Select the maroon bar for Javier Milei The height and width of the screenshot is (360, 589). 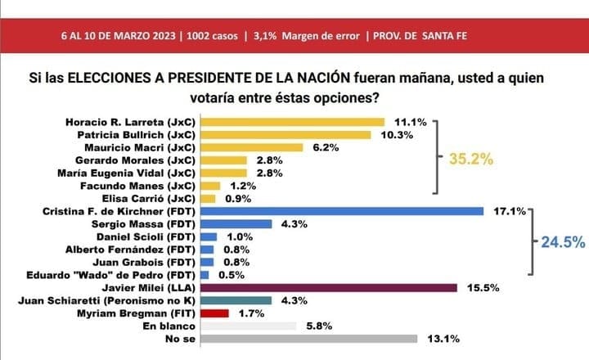coord(328,287)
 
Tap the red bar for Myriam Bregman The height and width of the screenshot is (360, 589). coord(214,313)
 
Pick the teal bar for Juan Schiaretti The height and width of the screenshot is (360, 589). coord(237,300)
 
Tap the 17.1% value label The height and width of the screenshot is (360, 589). coord(510,211)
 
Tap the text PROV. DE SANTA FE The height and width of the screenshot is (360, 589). coord(422,36)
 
